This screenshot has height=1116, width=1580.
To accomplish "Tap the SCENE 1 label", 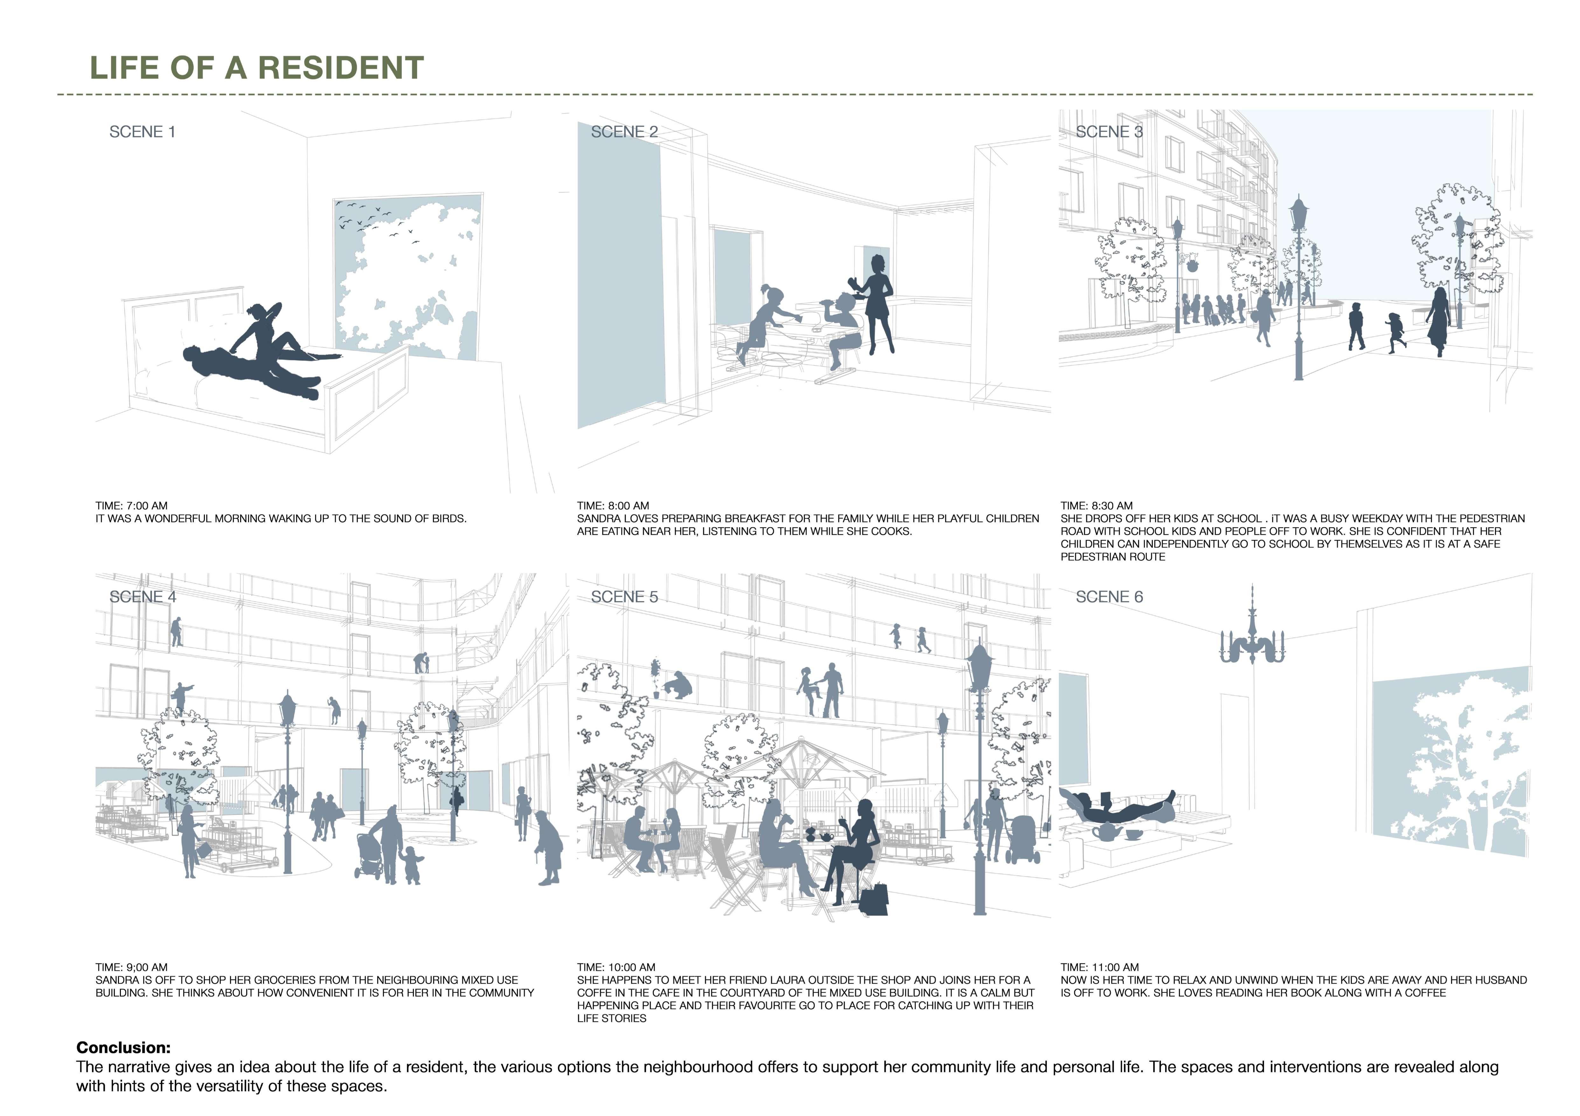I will pyautogui.click(x=143, y=132).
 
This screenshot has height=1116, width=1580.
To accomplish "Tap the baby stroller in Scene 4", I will pyautogui.click(x=369, y=855).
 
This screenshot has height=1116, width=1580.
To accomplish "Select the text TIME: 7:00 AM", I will pyautogui.click(x=131, y=506).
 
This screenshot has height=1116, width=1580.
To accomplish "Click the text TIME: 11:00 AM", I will pyautogui.click(x=1100, y=967).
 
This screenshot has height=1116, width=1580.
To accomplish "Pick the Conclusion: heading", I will pyautogui.click(x=123, y=1048).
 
